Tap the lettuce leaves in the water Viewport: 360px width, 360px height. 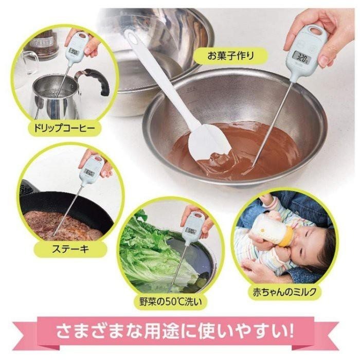(144, 252)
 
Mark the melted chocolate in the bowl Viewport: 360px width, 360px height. (257, 149)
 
